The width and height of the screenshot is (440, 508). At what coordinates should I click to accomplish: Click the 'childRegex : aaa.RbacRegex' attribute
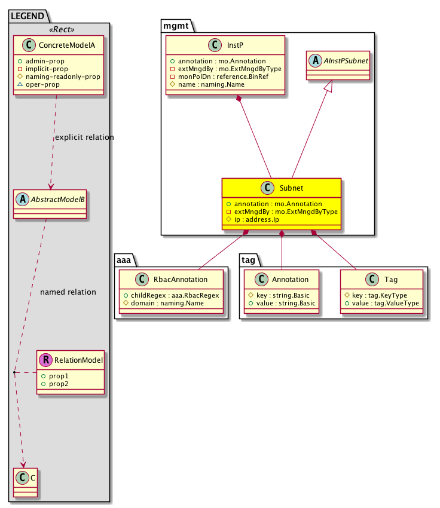point(172,295)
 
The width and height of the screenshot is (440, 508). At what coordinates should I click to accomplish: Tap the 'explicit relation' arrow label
point(84,137)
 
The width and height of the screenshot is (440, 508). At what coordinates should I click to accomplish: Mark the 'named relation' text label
point(68,292)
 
